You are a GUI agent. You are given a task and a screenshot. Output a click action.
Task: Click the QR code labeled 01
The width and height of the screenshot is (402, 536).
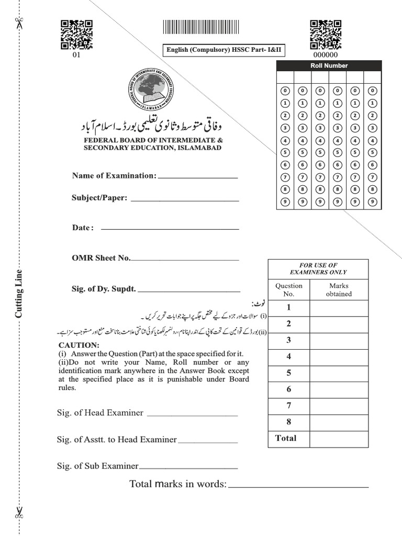[76, 35]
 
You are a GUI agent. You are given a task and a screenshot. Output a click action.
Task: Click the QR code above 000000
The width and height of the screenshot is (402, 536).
[325, 35]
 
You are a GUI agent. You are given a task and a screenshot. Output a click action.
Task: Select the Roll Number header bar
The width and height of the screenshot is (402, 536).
[329, 65]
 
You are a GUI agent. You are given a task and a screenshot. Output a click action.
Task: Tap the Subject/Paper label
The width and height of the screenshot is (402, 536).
[99, 198]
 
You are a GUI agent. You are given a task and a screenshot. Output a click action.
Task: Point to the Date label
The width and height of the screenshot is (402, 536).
[83, 228]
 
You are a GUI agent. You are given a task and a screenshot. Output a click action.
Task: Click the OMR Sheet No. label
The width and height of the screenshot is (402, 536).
[101, 258]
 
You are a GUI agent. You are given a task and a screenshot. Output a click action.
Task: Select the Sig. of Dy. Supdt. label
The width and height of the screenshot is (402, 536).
[104, 288]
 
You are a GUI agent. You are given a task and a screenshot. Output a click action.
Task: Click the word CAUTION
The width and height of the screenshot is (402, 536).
[79, 345]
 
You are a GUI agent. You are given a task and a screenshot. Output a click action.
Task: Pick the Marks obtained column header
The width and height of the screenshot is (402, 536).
[339, 290]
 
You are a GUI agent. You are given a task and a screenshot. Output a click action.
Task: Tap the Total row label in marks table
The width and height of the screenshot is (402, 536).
[286, 438]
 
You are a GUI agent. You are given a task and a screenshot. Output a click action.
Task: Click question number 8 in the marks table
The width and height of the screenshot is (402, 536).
[288, 422]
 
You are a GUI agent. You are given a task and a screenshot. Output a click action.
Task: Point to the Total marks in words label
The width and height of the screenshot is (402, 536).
[177, 484]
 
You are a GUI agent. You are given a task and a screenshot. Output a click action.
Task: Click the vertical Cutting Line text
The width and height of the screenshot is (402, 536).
[19, 294]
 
